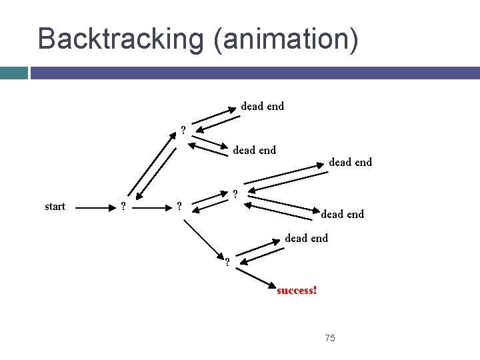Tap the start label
pyautogui.click(x=55, y=206)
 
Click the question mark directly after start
pyautogui.click(x=121, y=206)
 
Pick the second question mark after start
pyautogui.click(x=177, y=206)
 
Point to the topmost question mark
pyautogui.click(x=183, y=130)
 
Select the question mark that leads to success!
pyautogui.click(x=227, y=261)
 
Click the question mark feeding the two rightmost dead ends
pyautogui.click(x=235, y=195)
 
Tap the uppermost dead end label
pyautogui.click(x=262, y=106)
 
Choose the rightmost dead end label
pyautogui.click(x=351, y=162)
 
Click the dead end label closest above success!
pyautogui.click(x=307, y=238)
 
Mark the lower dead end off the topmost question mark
pyautogui.click(x=254, y=150)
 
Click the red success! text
pyautogui.click(x=297, y=291)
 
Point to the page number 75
pyautogui.click(x=330, y=339)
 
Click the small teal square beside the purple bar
pyautogui.click(x=13, y=72)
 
